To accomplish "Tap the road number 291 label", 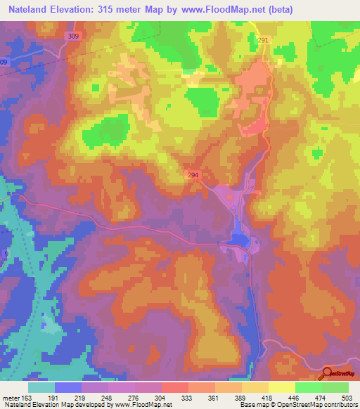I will pos(264,41).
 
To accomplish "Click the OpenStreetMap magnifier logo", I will pos(327,375).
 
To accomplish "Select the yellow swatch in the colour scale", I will pos(281,387).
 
